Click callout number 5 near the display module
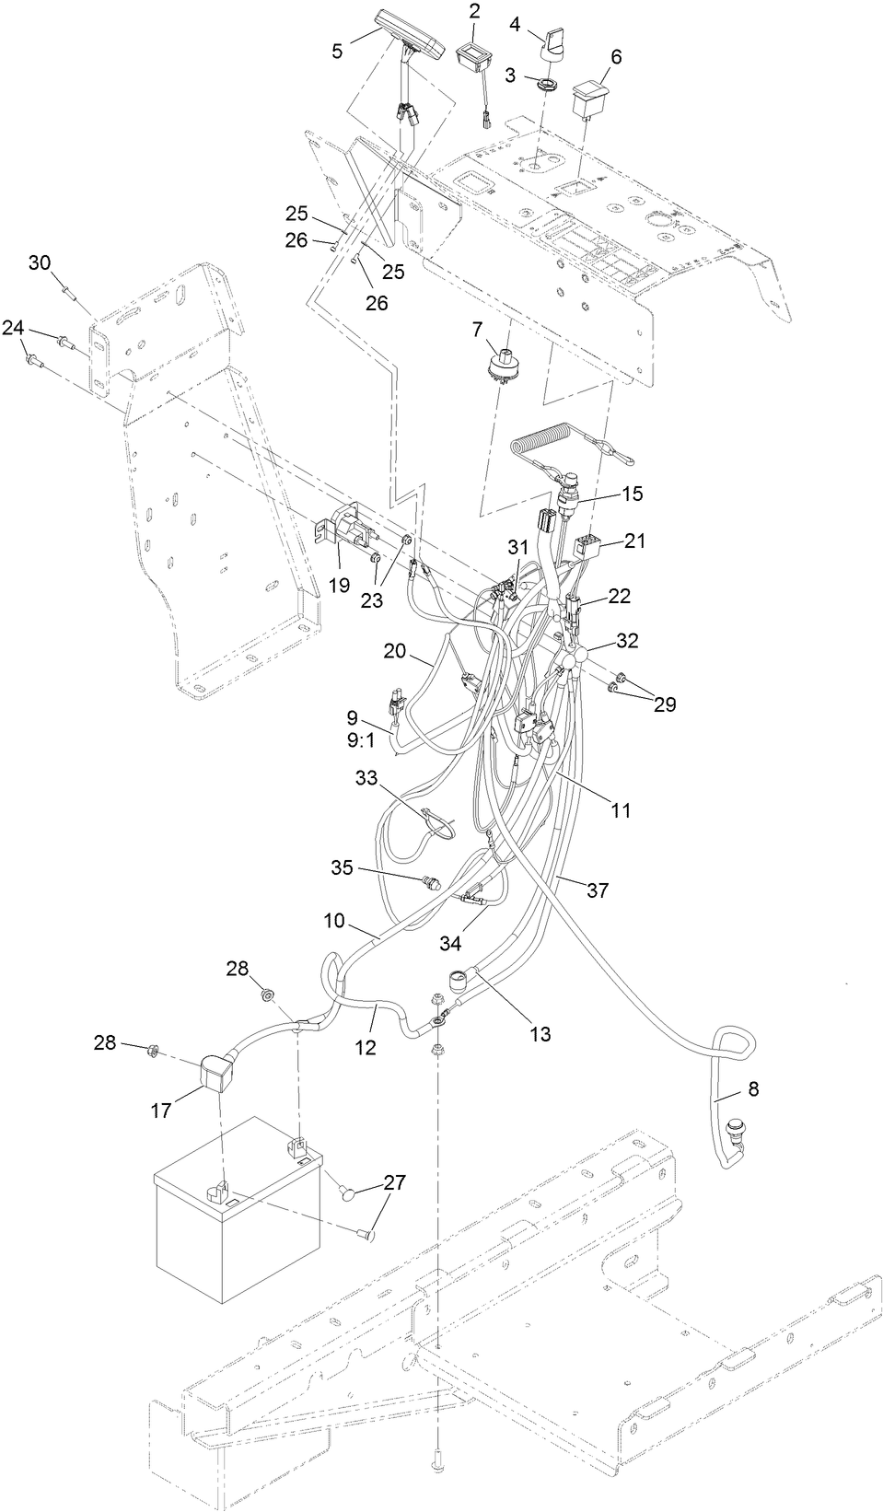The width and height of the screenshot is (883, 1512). [x=338, y=52]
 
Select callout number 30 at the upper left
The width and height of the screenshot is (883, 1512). [x=40, y=262]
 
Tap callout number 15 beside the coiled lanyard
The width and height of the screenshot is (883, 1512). [x=632, y=494]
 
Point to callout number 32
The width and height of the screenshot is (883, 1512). [x=627, y=640]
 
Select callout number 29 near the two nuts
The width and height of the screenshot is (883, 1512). [x=664, y=704]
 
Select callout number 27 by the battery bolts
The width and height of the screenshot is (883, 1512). [x=393, y=1182]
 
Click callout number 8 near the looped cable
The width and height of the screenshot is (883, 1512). [x=753, y=1089]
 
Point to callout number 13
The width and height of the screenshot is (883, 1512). [x=540, y=1033]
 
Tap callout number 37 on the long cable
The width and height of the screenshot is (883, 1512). [x=598, y=890]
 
